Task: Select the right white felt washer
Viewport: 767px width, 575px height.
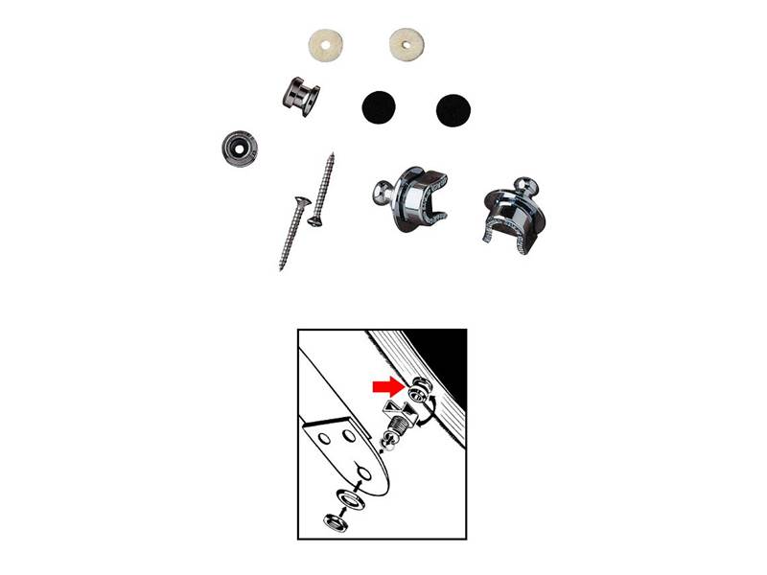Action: tap(407, 43)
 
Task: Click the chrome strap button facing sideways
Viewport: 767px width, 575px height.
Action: tap(299, 96)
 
